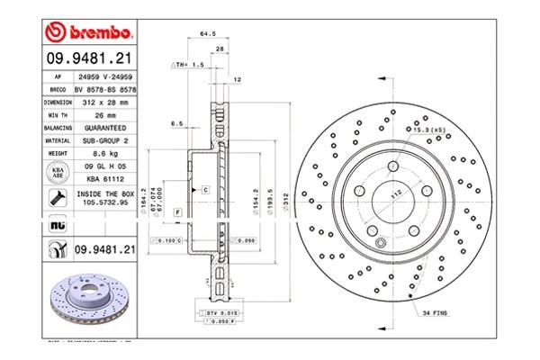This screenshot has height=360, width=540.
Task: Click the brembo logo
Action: tap(89, 33)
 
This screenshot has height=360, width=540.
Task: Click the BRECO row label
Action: tap(57, 90)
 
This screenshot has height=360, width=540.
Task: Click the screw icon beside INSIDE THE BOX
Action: tap(57, 199)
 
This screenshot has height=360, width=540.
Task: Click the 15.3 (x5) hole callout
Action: tap(429, 130)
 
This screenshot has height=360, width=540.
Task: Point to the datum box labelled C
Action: tap(204, 190)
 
